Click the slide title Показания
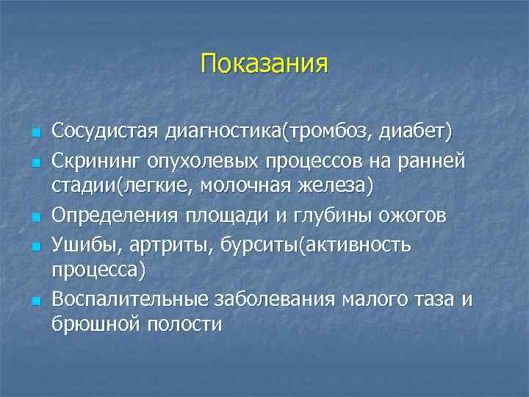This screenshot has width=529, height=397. [x=264, y=63]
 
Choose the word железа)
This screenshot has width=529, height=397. [x=340, y=187]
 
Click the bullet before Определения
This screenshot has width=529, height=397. [x=34, y=217]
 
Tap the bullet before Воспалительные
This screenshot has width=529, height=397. [x=34, y=301]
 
